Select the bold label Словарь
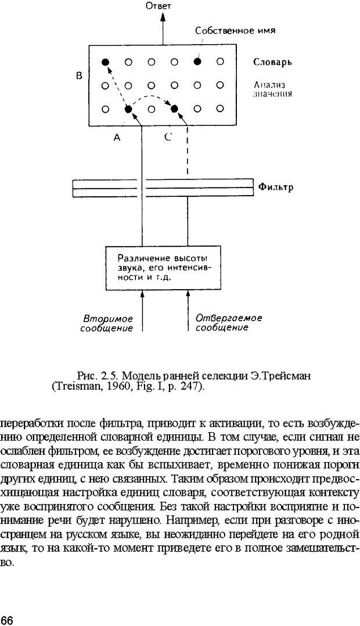tap(272, 62)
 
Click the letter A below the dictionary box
tap(117, 138)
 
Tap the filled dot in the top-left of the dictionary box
tap(105, 62)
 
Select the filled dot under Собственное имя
tap(197, 62)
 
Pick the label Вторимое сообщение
tap(109, 323)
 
